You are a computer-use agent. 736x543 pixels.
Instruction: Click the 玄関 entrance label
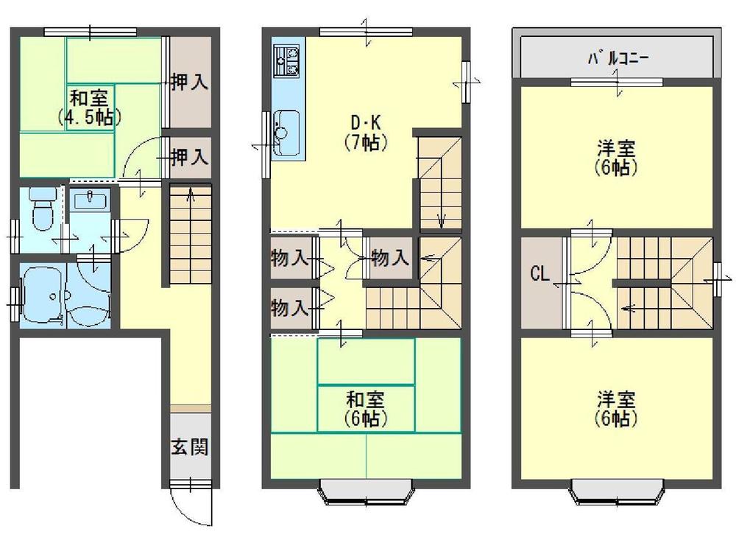[x=190, y=447]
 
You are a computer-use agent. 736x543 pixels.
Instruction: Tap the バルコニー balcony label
[x=617, y=58]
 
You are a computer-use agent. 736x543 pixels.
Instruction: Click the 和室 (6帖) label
[x=366, y=410]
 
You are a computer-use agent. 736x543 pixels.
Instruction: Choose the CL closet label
[x=539, y=275]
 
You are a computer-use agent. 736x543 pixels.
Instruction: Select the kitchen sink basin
[x=286, y=125]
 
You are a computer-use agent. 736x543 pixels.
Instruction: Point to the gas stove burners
[x=286, y=60]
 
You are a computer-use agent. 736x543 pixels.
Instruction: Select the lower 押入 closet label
[x=189, y=156]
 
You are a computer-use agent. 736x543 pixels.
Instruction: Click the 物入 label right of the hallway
[x=389, y=259]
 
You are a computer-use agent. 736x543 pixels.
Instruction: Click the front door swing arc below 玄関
[x=189, y=508]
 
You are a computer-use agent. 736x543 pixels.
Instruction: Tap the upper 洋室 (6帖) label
[x=617, y=157]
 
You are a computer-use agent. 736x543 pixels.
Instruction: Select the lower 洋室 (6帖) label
[x=617, y=410]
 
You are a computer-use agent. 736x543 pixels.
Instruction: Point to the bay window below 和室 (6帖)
[x=366, y=491]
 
